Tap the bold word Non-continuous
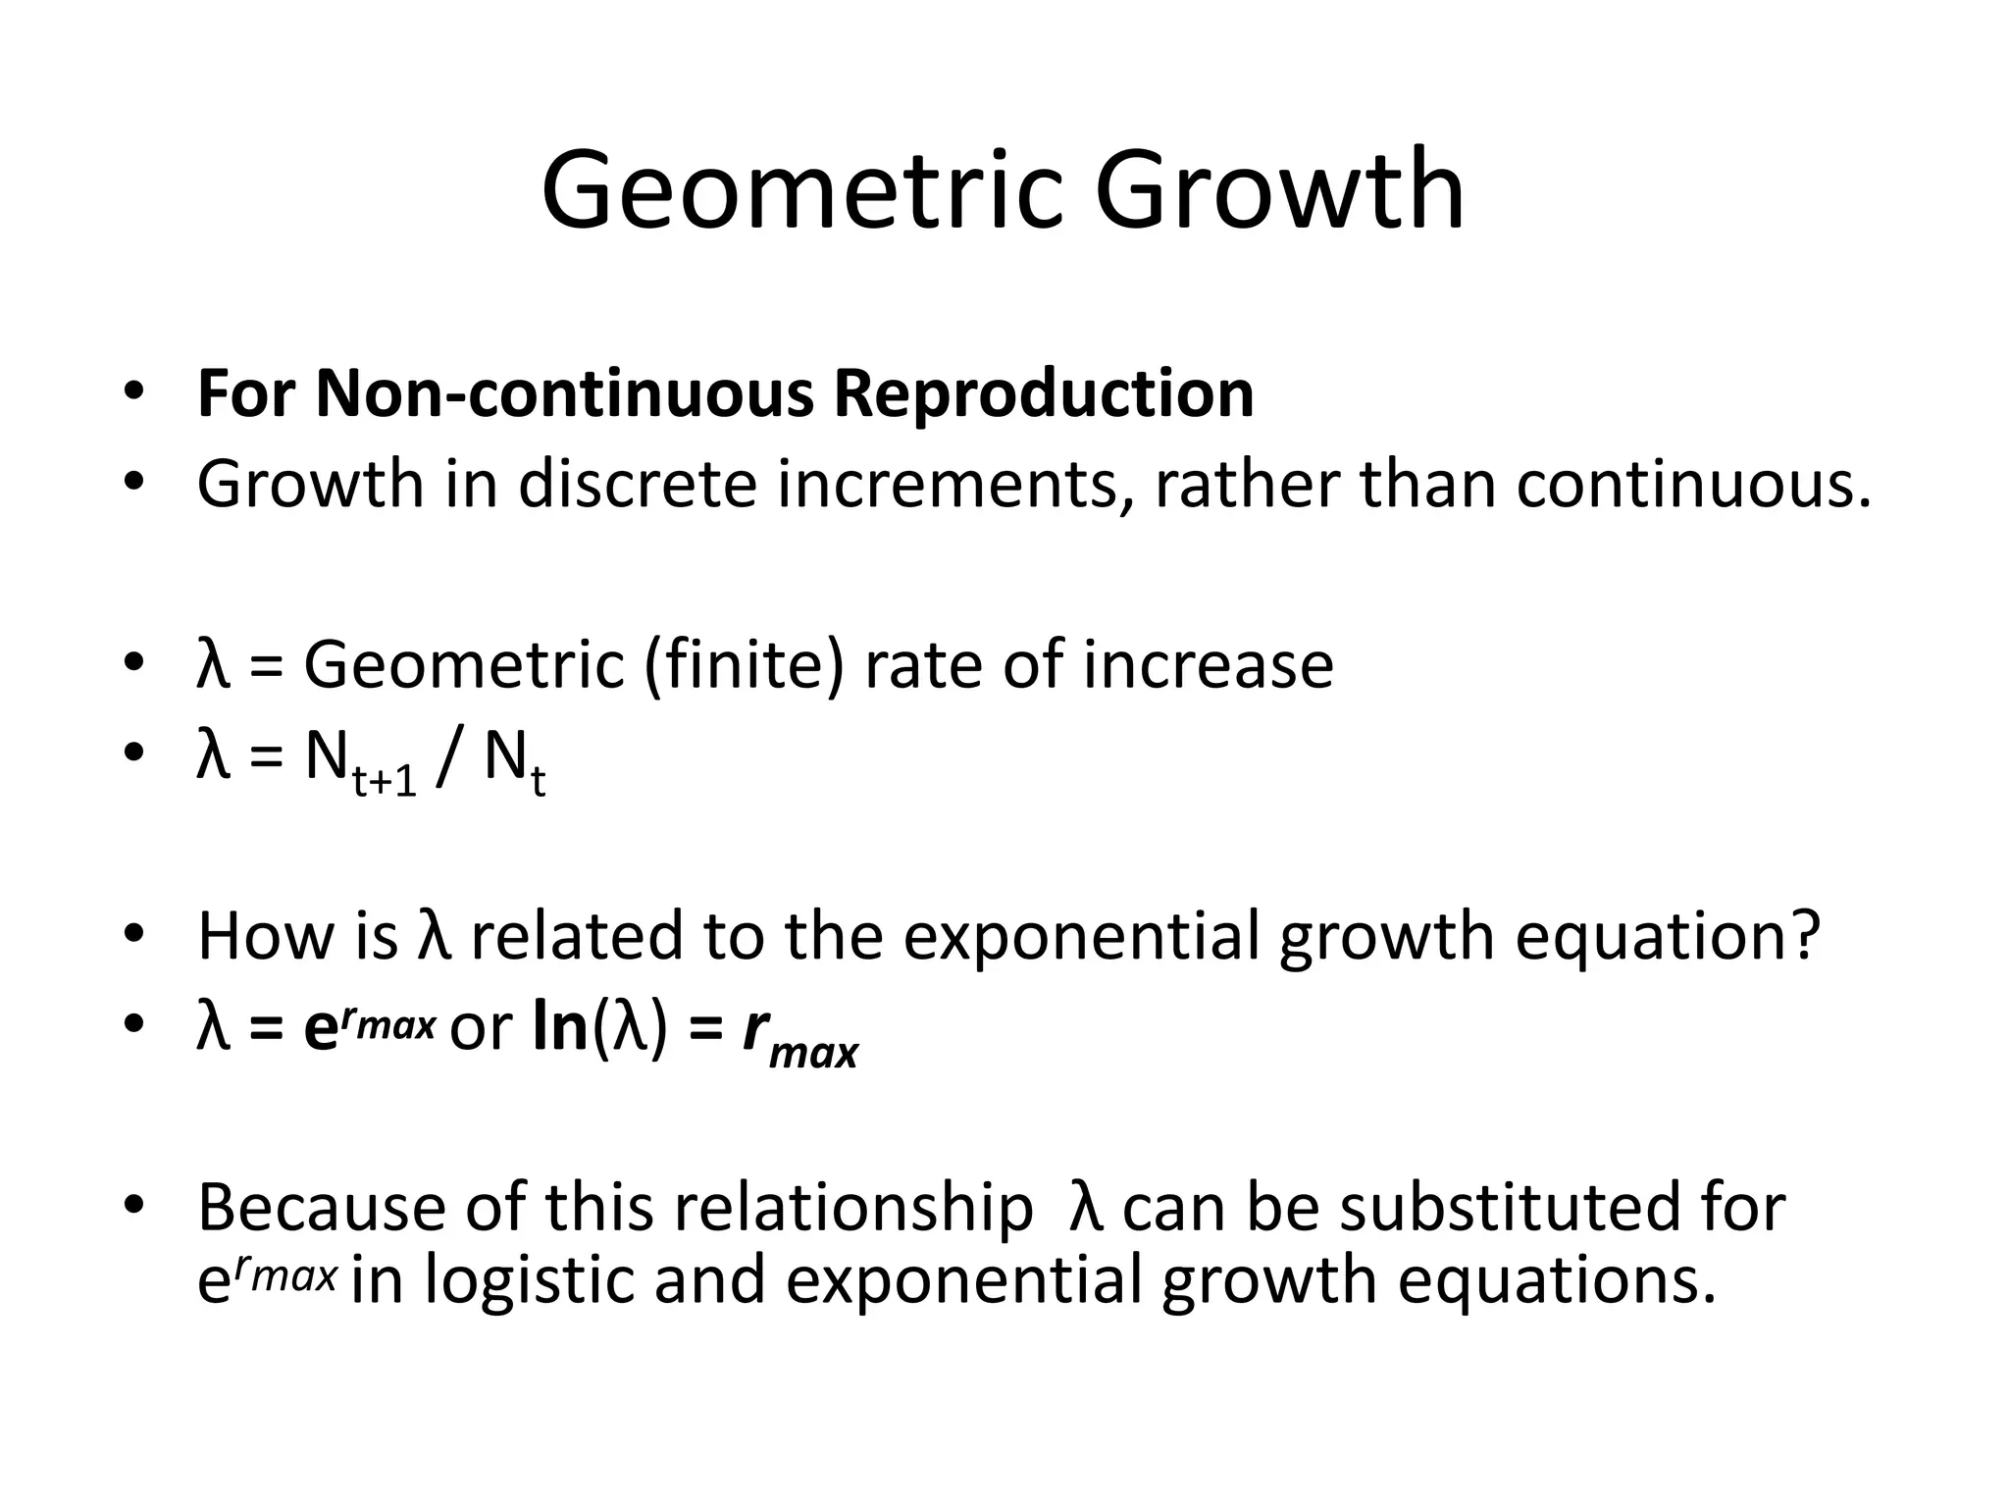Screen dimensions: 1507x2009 564,393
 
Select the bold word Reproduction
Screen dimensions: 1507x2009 1044,393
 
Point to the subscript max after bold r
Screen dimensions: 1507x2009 813,1053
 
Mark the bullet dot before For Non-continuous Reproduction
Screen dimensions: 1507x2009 135,392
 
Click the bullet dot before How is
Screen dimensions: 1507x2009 135,933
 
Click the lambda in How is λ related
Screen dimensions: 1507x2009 435,935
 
